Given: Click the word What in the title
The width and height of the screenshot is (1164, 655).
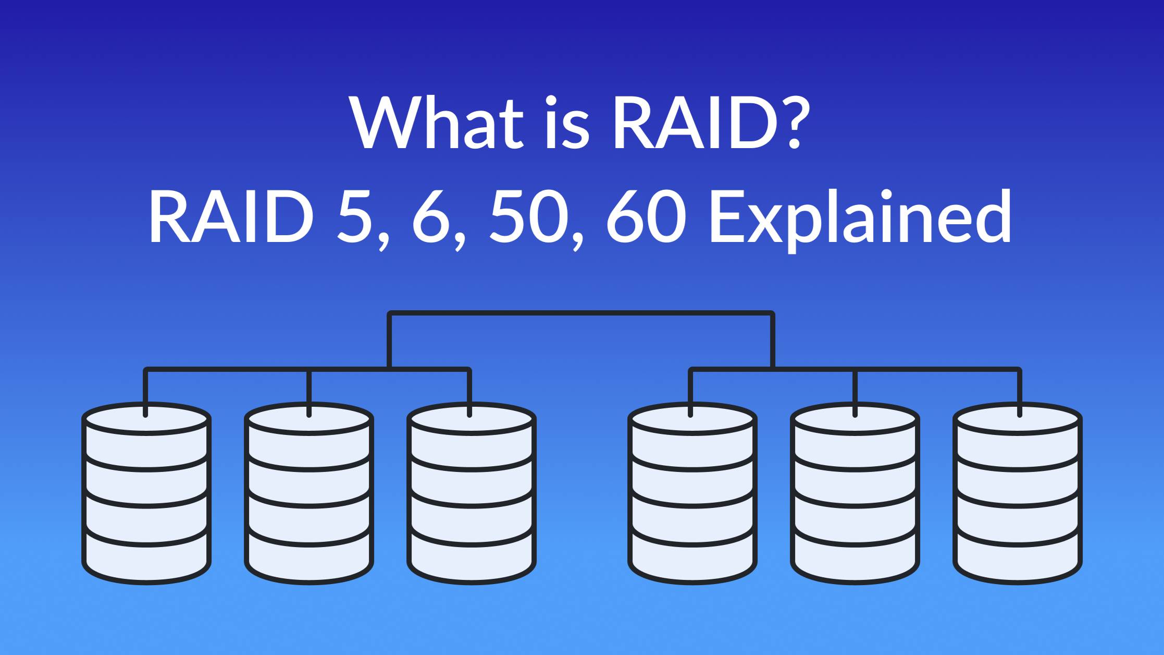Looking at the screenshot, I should pos(437,123).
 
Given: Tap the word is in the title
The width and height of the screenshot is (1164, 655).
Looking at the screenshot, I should pos(567,123).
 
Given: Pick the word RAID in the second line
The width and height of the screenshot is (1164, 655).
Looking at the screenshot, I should pos(231,217).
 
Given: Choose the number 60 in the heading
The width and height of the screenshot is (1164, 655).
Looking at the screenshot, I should pos(646,217).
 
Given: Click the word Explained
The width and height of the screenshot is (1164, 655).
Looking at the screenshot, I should pos(860,217).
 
